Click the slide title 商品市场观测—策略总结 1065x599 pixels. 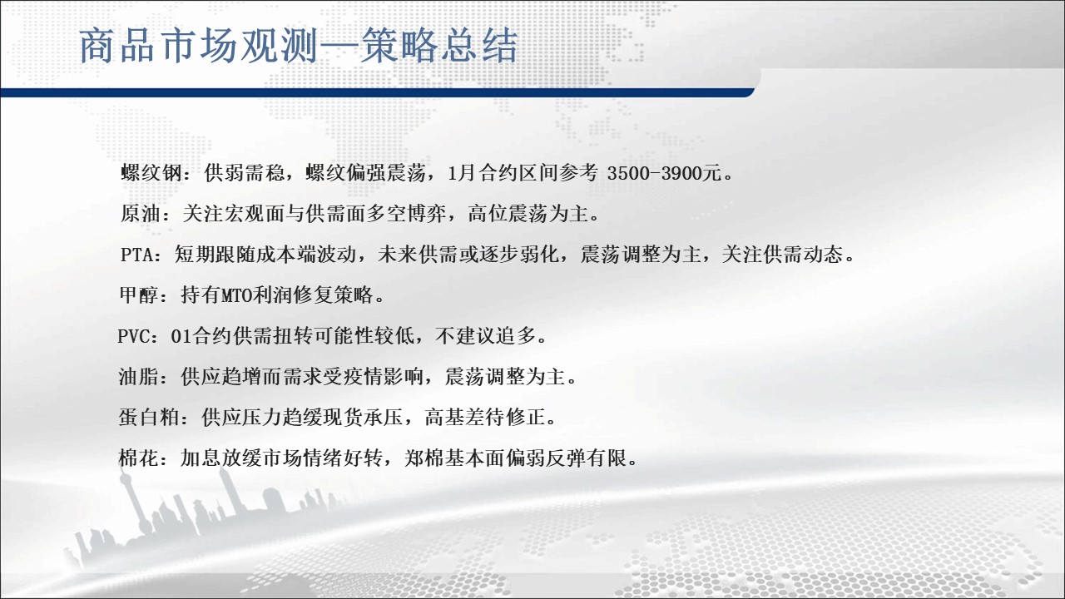pos(298,46)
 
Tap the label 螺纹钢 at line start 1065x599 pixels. pos(151,172)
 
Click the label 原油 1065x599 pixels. pos(141,214)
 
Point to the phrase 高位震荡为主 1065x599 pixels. pos(528,214)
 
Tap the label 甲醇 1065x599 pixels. pos(140,295)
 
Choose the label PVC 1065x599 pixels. pos(135,337)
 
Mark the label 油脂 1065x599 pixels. pos(139,378)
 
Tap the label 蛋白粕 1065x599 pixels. pos(149,418)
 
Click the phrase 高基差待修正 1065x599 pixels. pos(485,418)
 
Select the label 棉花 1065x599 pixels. pos(139,458)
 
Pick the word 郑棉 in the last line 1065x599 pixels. pos(424,458)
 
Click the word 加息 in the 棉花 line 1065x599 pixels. pos(201,458)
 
